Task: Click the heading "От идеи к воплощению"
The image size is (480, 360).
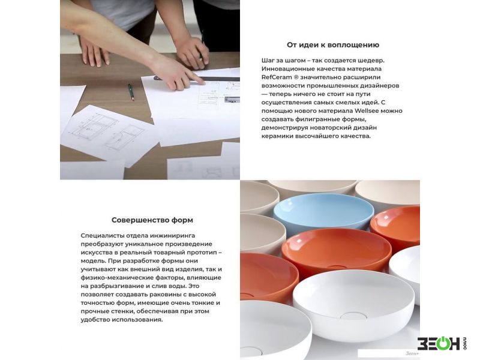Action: [333, 45]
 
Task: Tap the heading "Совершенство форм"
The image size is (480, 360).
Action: [152, 220]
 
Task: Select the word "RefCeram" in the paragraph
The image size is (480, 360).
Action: [277, 77]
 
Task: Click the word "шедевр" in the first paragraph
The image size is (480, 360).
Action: [373, 61]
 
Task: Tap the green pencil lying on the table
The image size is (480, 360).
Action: [131, 92]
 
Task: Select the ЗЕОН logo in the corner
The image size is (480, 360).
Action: [442, 343]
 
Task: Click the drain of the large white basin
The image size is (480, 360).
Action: [353, 316]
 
